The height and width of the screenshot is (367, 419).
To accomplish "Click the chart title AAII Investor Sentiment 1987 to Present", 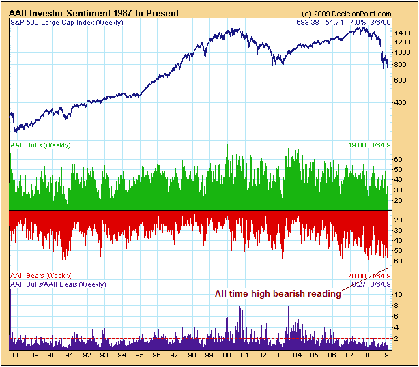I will coord(94,13).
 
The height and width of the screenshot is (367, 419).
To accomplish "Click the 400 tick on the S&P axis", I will coord(403,103).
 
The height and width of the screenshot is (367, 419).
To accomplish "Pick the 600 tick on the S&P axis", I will coord(403,80).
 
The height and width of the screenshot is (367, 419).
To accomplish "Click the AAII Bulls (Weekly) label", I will coord(40,145).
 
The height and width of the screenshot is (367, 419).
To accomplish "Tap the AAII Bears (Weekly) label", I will coord(40,274).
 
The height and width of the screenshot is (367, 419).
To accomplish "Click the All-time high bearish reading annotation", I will coord(277,293).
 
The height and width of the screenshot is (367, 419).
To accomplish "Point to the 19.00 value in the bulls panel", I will coord(357,145).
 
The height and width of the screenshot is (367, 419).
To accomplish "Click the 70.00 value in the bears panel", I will coord(357,275).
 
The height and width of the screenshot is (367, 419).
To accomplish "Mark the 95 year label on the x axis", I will coord(140,355).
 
